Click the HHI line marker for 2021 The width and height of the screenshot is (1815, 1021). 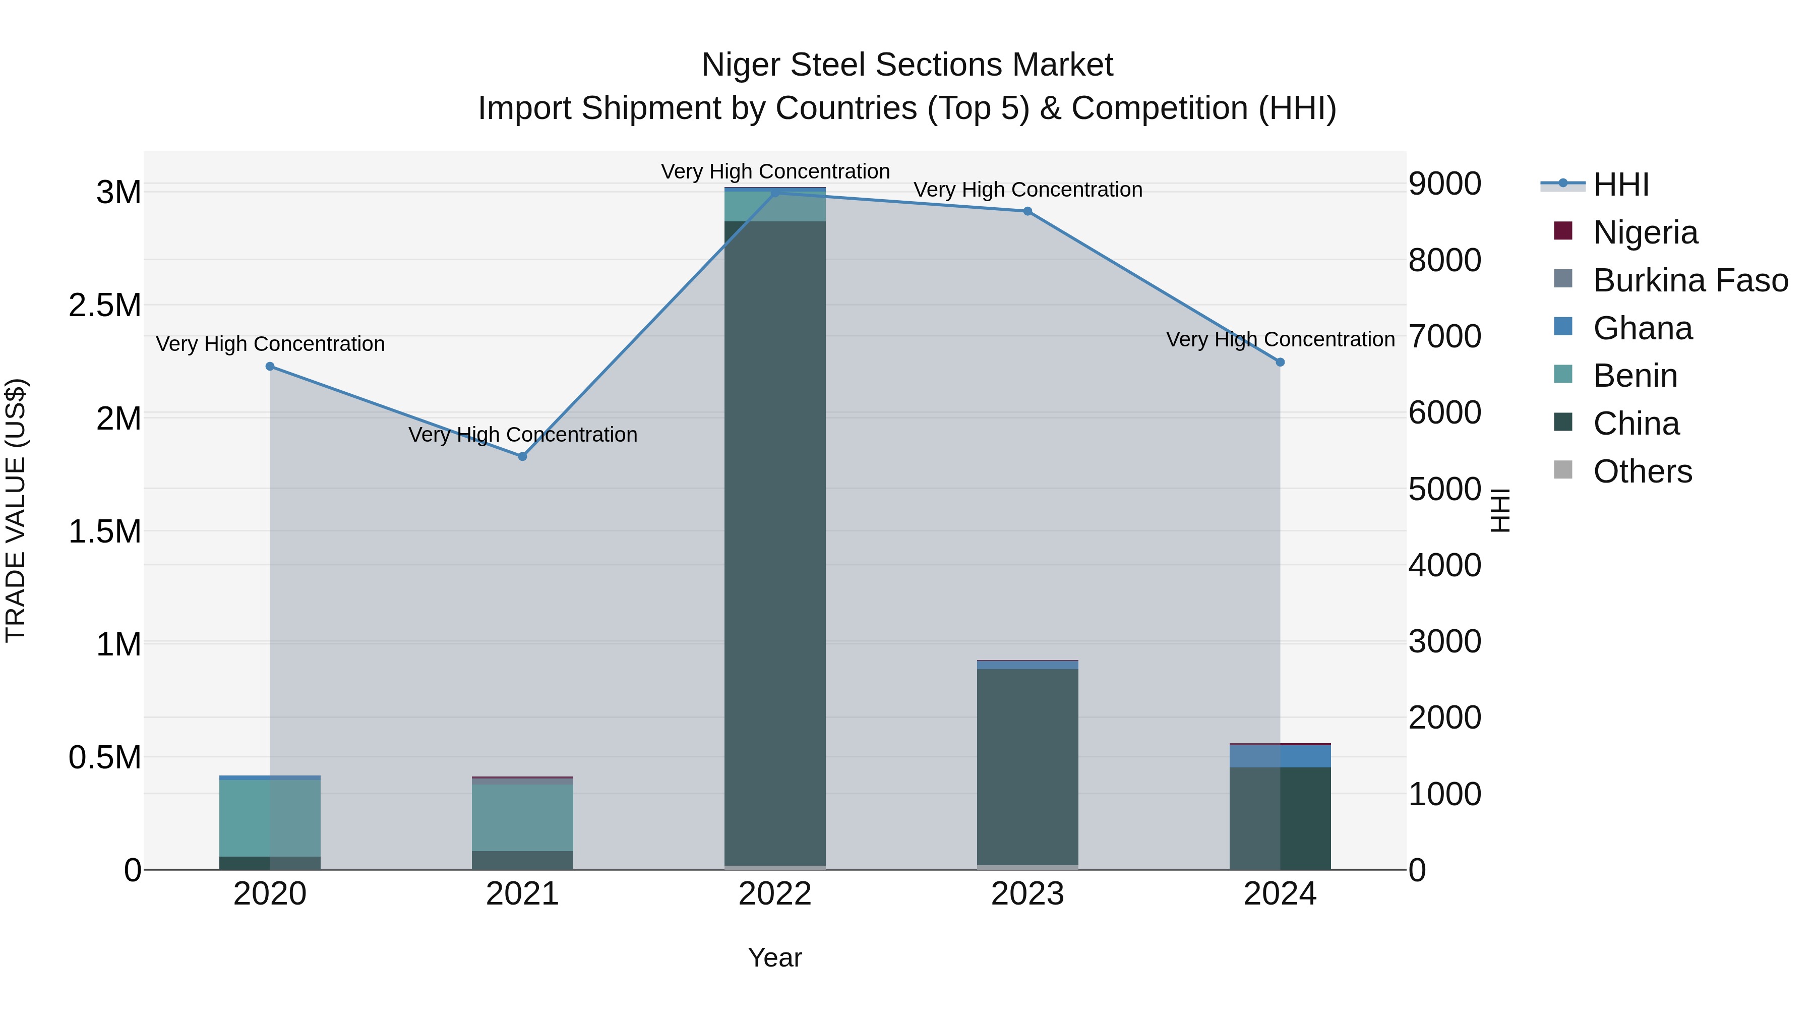pos(523,457)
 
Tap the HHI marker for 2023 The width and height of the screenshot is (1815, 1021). pos(1027,211)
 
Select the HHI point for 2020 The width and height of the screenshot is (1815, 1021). pos(270,367)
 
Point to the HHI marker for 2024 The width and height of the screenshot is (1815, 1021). pos(1280,362)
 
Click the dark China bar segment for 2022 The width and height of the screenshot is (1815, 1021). pos(775,543)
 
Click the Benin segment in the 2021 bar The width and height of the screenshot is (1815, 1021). pos(523,817)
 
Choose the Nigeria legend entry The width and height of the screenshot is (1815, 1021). pos(1645,232)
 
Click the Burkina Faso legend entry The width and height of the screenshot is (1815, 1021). pos(1689,280)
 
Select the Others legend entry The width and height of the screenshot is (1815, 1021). pos(1642,471)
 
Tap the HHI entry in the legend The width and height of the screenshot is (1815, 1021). pos(1620,185)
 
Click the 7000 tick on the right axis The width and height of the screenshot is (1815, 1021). pos(1444,336)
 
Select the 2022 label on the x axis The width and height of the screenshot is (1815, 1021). pos(775,894)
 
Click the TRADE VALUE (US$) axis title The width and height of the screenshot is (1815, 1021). pos(16,510)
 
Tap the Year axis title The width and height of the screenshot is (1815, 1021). pos(775,957)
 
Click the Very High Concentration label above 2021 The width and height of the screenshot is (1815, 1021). pos(523,435)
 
